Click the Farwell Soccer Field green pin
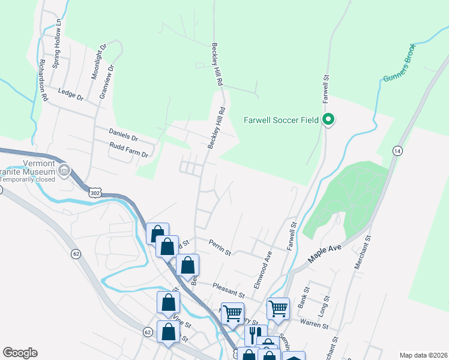click(328, 120)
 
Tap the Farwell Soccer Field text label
click(281, 120)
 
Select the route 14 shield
click(397, 150)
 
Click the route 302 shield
click(93, 192)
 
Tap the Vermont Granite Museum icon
click(64, 173)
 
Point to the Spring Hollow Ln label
click(58, 43)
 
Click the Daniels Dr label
click(123, 133)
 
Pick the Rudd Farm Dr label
click(128, 150)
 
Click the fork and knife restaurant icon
click(256, 334)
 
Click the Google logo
click(20, 353)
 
